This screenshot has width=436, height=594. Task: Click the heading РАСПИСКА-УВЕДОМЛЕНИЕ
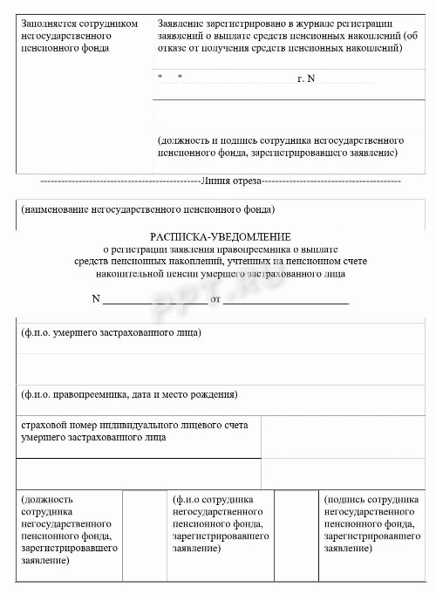[220, 236]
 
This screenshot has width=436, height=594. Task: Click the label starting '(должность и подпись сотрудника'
[279, 147]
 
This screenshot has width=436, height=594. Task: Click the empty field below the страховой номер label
[140, 474]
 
